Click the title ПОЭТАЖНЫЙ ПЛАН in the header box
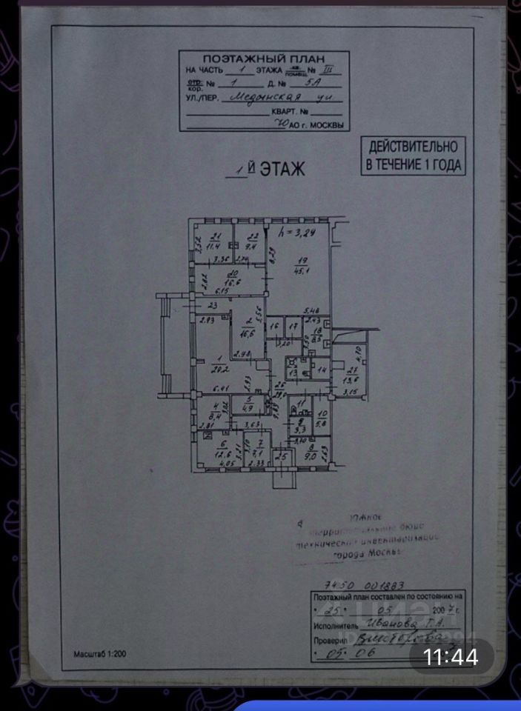pos(262,58)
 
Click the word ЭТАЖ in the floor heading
pos(282,169)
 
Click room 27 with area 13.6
pos(352,376)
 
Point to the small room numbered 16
pos(273,326)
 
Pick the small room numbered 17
pos(293,326)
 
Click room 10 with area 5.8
pos(322,419)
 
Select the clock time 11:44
pos(450,656)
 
